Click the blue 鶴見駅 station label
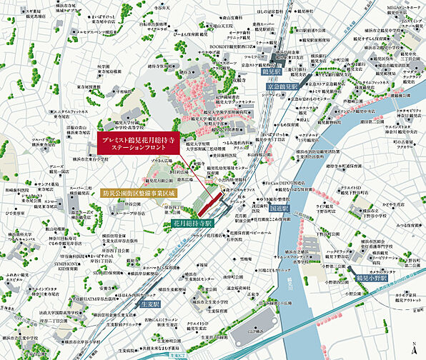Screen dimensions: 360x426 coord(272,73)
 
